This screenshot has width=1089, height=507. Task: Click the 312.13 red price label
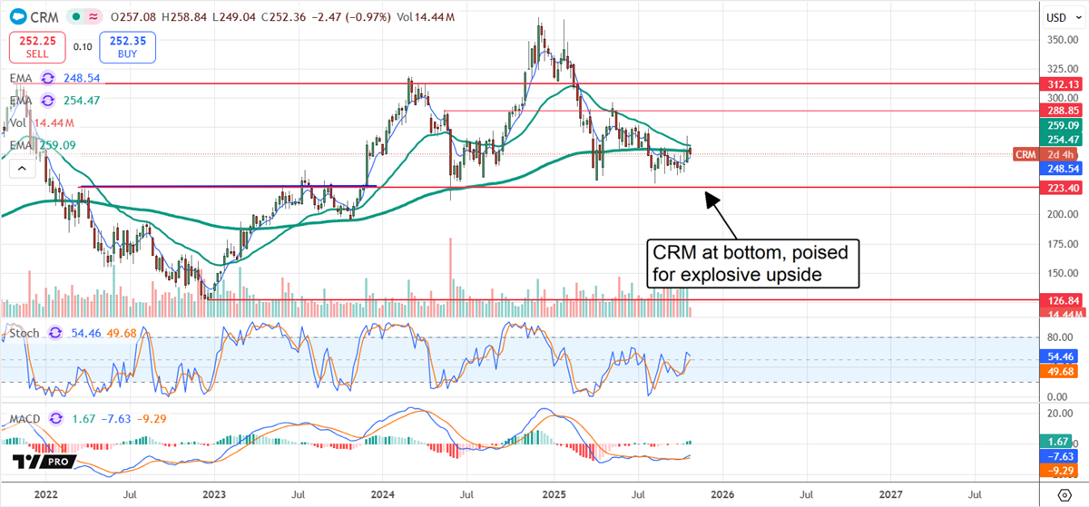(x=1060, y=84)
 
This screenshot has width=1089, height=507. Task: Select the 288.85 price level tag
(x=1060, y=110)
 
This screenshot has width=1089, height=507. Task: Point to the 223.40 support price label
(x=1060, y=188)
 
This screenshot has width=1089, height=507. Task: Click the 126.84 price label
(x=1060, y=299)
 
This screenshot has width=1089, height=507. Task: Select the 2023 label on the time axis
(x=214, y=494)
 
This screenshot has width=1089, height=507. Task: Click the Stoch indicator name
(x=24, y=334)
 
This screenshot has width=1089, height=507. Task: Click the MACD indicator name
(x=27, y=418)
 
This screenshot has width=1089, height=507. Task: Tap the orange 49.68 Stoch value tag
(x=1060, y=370)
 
